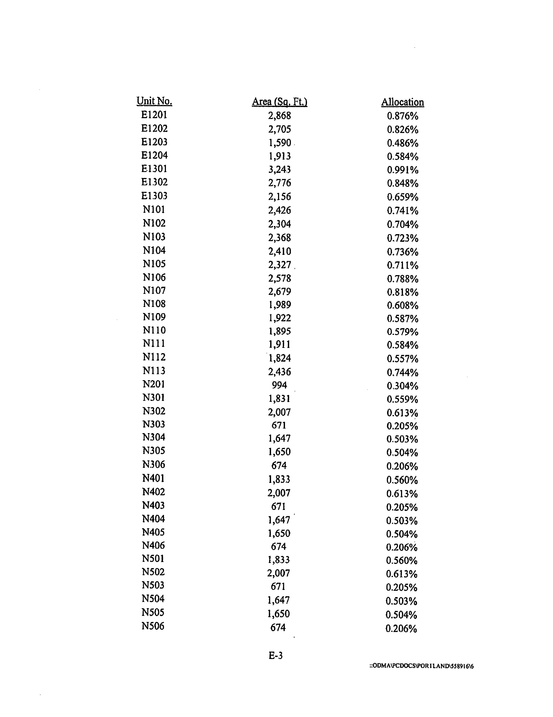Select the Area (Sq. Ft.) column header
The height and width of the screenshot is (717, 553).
pyautogui.click(x=280, y=102)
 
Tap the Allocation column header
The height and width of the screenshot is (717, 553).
pyautogui.click(x=402, y=102)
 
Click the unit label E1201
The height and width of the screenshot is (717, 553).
pyautogui.click(x=154, y=115)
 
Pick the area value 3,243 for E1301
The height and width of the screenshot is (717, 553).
pyautogui.click(x=280, y=169)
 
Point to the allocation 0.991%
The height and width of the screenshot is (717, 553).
pyautogui.click(x=402, y=170)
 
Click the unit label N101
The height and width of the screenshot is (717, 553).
pyautogui.click(x=154, y=209)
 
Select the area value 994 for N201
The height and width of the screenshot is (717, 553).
pyautogui.click(x=279, y=385)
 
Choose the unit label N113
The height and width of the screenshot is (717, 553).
pyautogui.click(x=154, y=371)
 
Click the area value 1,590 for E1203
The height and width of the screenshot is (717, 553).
pyautogui.click(x=280, y=143)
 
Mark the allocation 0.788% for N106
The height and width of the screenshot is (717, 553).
pyautogui.click(x=402, y=279)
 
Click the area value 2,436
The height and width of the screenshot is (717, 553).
pyautogui.click(x=280, y=372)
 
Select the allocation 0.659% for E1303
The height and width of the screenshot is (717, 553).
pyautogui.click(x=402, y=197)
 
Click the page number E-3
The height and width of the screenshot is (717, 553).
pyautogui.click(x=275, y=655)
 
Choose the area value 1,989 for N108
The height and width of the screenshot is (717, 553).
pyautogui.click(x=280, y=305)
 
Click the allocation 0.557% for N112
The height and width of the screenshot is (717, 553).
pyautogui.click(x=402, y=358)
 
